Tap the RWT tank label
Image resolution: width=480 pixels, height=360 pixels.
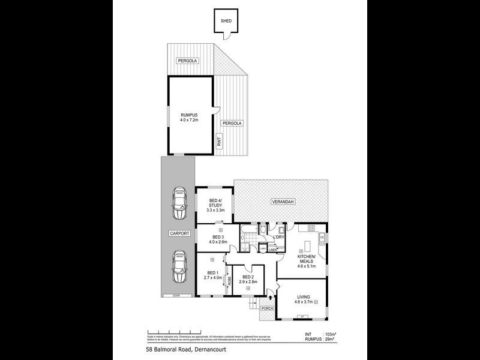(x=220, y=142)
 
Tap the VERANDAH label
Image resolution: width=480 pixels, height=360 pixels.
(x=281, y=201)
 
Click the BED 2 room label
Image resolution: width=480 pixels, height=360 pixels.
(x=248, y=277)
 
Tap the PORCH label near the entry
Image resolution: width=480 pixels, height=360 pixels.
(x=268, y=308)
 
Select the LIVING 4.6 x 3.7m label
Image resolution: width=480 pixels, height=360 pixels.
(x=303, y=300)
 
